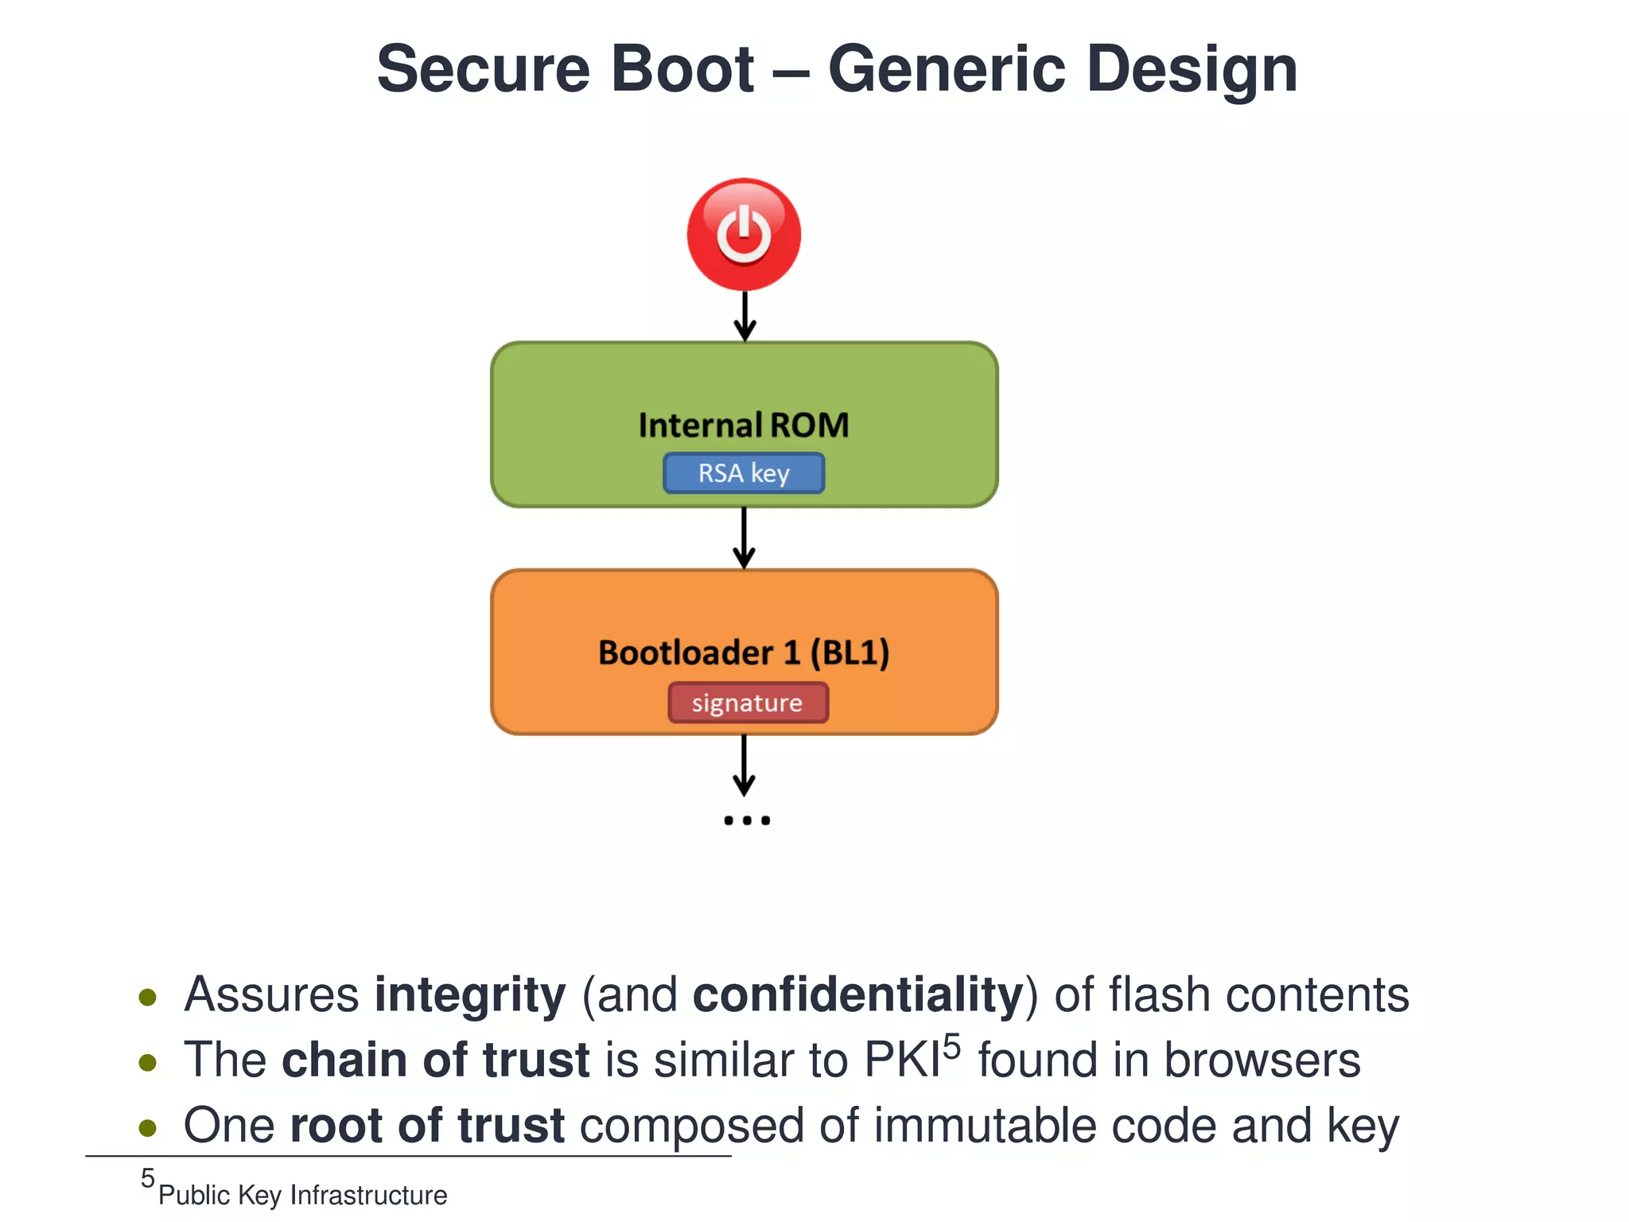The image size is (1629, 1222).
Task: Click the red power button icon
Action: [744, 235]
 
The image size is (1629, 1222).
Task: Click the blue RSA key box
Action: [744, 473]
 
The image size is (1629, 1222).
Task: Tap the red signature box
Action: [748, 702]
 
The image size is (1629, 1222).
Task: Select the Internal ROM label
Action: [744, 425]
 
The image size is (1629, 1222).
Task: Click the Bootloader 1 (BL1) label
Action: [744, 652]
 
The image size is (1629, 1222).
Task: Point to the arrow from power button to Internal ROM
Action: [745, 317]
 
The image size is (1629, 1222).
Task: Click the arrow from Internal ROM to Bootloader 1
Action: [744, 539]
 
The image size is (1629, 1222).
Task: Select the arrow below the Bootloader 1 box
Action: [744, 765]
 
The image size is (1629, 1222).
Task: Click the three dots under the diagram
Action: [747, 820]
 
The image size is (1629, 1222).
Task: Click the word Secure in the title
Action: [485, 70]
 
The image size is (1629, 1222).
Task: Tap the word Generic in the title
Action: [947, 70]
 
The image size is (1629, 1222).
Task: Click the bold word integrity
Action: [470, 995]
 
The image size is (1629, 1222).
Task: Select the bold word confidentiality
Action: [858, 995]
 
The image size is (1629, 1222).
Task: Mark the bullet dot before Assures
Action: [147, 998]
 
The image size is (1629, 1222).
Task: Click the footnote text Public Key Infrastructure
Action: [303, 1195]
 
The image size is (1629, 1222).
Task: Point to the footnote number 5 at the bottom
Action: [148, 1178]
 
